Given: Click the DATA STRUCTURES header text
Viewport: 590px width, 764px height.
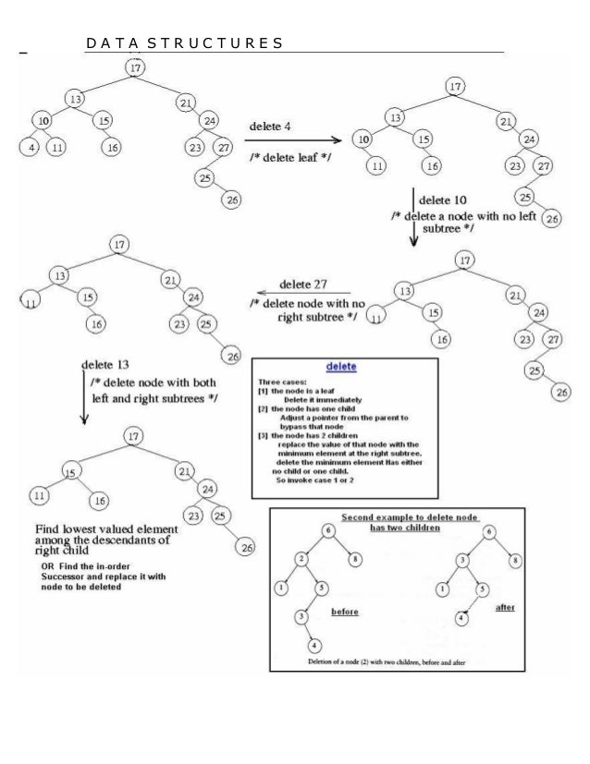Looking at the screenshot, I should click(x=183, y=43).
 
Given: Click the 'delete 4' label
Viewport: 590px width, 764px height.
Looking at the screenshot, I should click(x=273, y=124).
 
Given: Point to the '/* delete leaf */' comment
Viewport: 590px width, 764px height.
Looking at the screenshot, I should click(x=289, y=157).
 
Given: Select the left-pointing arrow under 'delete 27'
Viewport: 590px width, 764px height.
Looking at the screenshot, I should click(x=295, y=295).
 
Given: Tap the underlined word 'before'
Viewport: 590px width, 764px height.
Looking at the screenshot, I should click(x=344, y=612).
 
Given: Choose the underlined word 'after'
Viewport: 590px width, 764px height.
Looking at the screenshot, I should click(x=507, y=609).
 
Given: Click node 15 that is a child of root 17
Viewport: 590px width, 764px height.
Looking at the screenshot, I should click(x=69, y=472).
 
